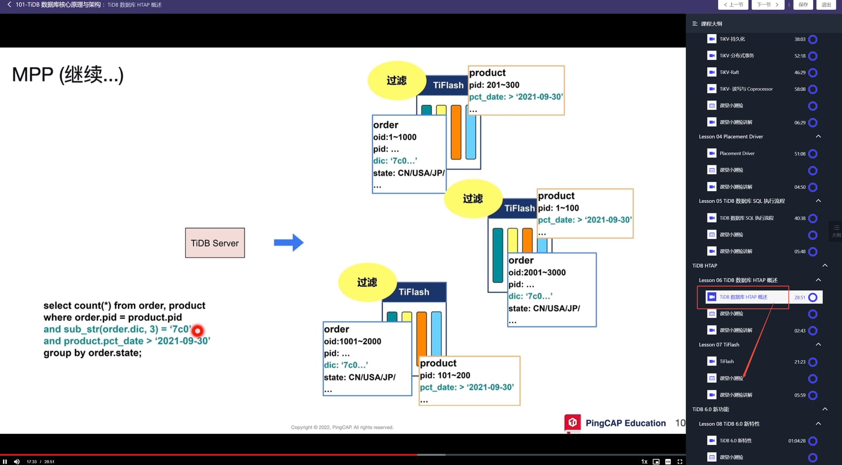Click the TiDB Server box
[215, 243]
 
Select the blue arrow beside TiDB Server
[288, 242]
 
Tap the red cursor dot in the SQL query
[197, 330]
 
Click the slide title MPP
[68, 75]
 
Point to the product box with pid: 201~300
[516, 90]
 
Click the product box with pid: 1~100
[585, 213]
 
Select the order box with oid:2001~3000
[552, 290]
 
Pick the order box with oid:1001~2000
[367, 359]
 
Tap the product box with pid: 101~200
[469, 380]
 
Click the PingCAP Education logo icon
[572, 422]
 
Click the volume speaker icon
[17, 461]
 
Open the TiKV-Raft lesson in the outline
[729, 72]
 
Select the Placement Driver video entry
[737, 153]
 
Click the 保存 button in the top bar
[803, 5]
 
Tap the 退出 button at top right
[826, 5]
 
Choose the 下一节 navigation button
[767, 5]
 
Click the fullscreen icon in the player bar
[680, 461]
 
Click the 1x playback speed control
[644, 461]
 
